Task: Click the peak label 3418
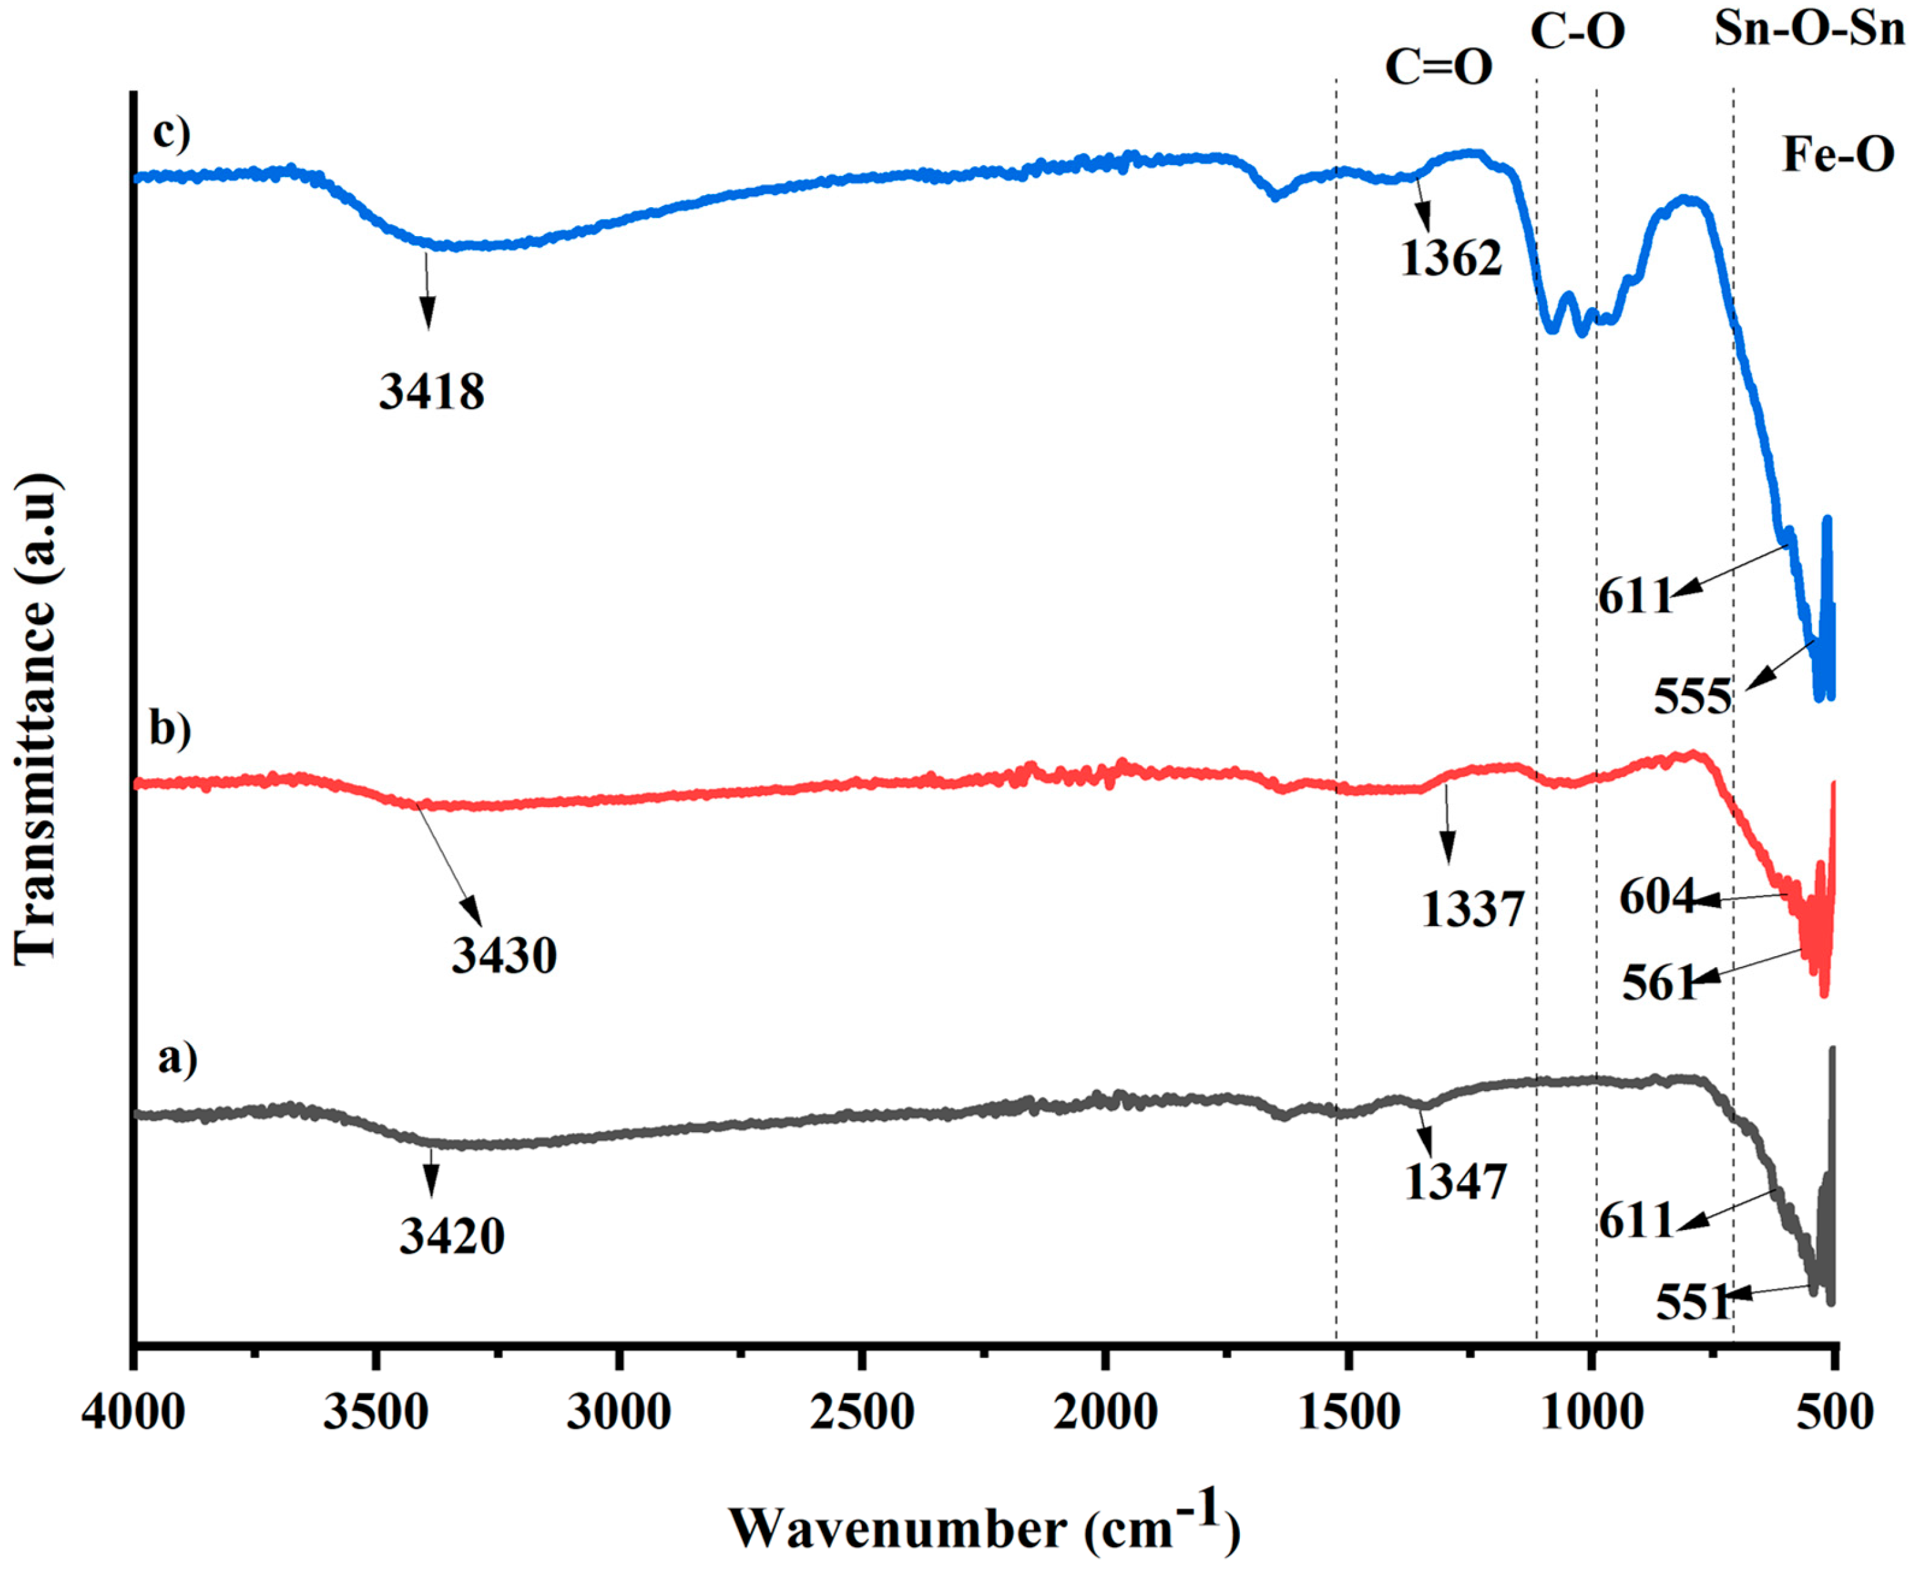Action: [x=432, y=391]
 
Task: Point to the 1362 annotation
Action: [x=1450, y=259]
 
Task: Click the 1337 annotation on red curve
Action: [x=1472, y=910]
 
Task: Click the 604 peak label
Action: [x=1656, y=897]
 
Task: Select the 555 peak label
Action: [x=1692, y=699]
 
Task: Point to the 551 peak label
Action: [x=1692, y=1304]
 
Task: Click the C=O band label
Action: [x=1439, y=67]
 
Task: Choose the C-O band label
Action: [x=1577, y=33]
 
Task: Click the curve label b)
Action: [x=171, y=730]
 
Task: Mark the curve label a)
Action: [x=177, y=1057]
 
